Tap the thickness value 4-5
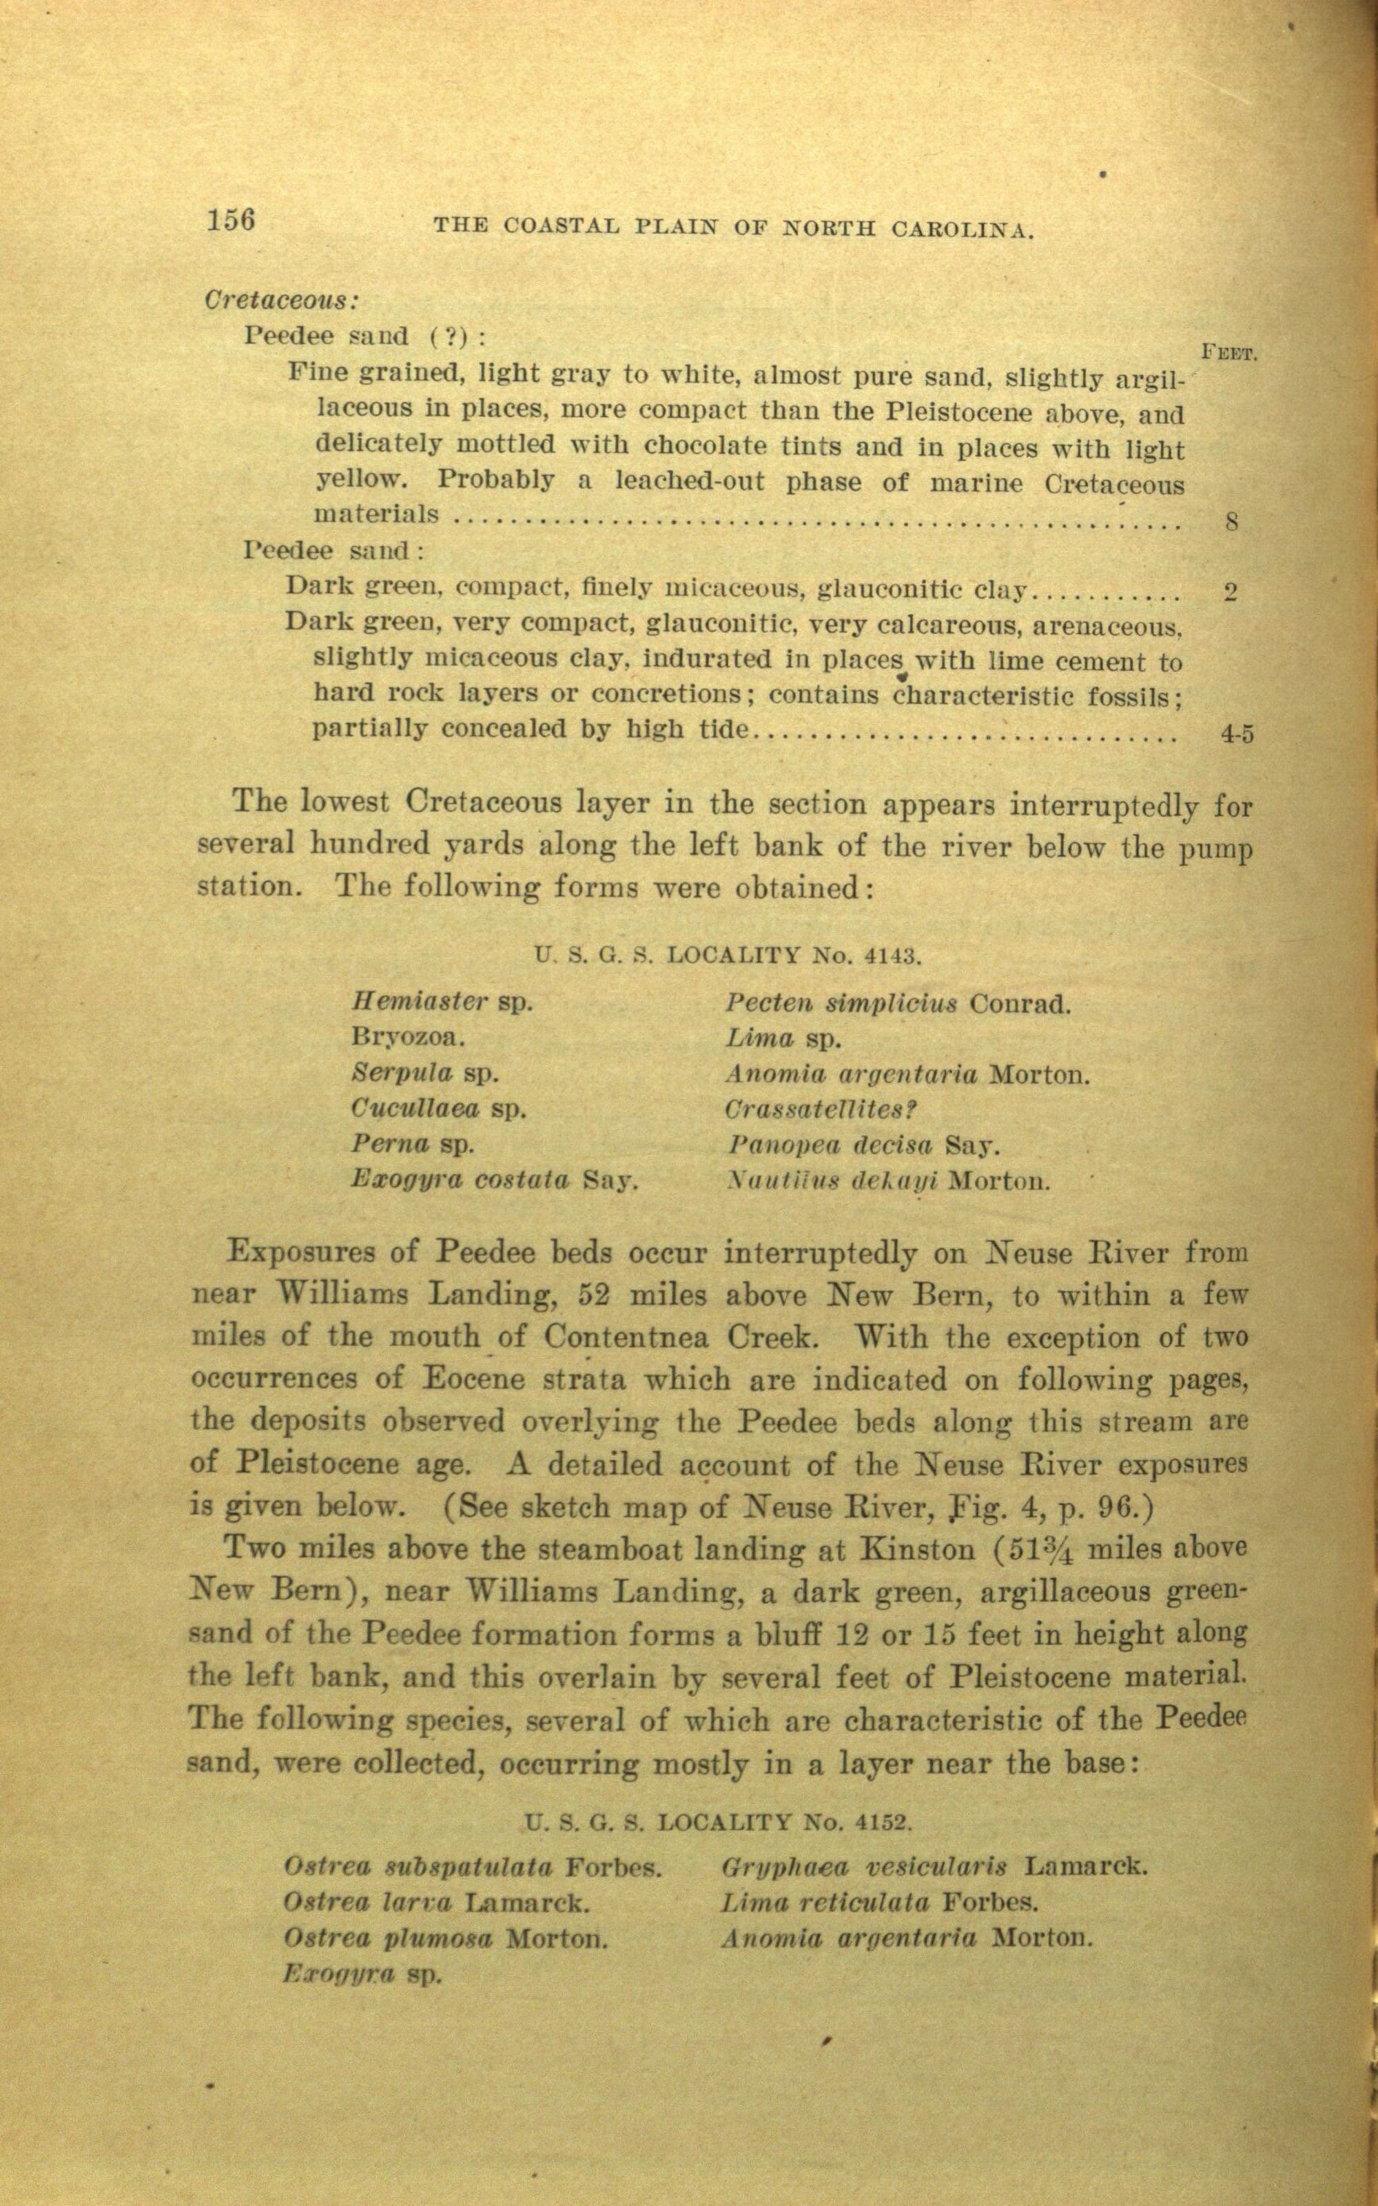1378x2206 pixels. click(x=1237, y=733)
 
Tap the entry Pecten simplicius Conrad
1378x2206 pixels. click(x=898, y=1004)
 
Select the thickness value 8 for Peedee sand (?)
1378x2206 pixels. click(x=1231, y=523)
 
